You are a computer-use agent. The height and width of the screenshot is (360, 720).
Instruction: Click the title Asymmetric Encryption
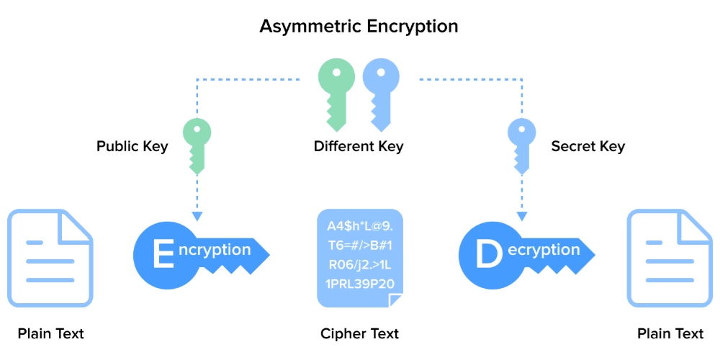(359, 27)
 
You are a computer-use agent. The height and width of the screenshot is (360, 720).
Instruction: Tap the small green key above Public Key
(197, 145)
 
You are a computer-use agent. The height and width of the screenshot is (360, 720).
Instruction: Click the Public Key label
(132, 147)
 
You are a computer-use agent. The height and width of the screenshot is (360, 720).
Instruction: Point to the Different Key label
(359, 147)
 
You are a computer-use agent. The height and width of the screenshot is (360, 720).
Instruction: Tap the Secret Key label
(588, 147)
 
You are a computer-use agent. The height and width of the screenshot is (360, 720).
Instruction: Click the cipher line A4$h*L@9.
(360, 225)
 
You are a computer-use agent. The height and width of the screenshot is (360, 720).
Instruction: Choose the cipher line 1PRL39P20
(360, 283)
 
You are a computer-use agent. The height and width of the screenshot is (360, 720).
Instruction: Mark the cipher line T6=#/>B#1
(360, 245)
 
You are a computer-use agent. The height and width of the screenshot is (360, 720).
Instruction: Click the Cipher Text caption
(359, 334)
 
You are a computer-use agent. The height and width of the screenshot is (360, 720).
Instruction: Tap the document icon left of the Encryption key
(50, 258)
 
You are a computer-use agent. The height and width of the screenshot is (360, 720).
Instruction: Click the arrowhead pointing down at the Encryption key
(197, 216)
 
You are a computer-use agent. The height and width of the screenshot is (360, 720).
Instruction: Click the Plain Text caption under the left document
(50, 334)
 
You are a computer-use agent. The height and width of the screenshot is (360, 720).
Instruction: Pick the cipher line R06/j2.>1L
(360, 264)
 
